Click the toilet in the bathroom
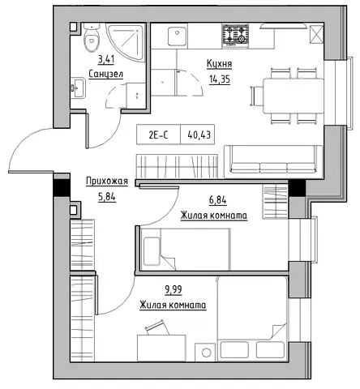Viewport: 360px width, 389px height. coord(92,37)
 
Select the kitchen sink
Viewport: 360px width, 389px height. coord(177,36)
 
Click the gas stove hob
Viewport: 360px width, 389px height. coord(235,35)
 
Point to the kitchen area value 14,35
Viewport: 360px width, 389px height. coord(219,79)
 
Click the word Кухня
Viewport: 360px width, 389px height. coord(219,64)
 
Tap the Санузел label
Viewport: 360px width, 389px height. coord(105,74)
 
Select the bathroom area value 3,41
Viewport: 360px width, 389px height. coord(106,59)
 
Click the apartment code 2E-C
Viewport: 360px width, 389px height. coord(158,135)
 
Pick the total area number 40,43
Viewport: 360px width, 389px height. coord(199,135)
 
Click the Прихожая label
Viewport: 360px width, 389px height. coord(107,181)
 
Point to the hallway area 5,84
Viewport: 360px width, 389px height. coord(107,197)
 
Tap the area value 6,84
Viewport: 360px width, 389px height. coord(217,200)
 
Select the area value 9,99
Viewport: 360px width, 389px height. coord(174,290)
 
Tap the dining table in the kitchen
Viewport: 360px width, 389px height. coord(294,96)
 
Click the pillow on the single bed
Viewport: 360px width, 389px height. coord(152,251)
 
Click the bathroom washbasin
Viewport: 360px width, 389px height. coord(78,88)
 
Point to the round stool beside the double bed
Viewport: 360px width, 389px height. coord(206,353)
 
